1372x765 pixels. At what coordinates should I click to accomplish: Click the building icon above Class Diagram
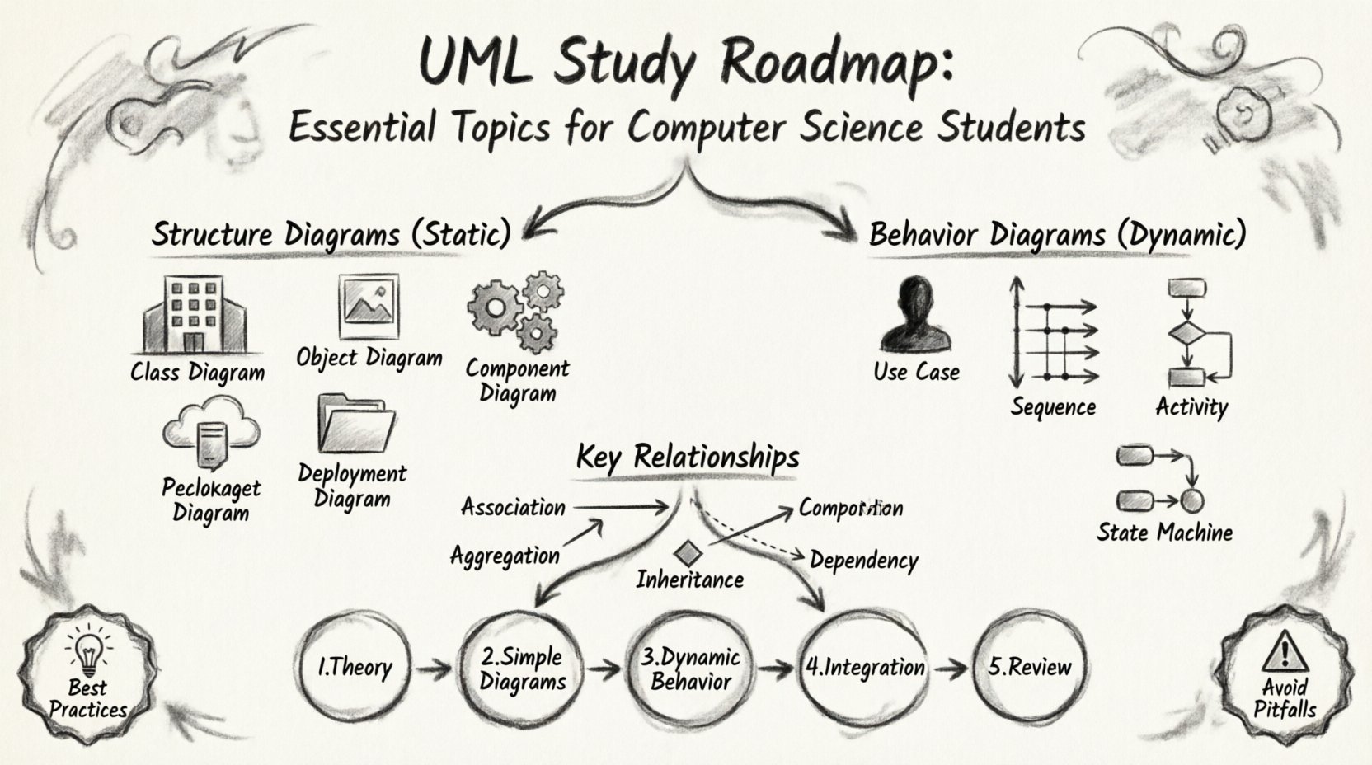pyautogui.click(x=195, y=316)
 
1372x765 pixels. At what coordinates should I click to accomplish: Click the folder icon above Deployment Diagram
pyautogui.click(x=355, y=425)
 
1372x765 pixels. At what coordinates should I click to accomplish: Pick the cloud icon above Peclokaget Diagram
pyautogui.click(x=211, y=430)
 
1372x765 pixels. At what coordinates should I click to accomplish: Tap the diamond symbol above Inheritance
pyautogui.click(x=686, y=554)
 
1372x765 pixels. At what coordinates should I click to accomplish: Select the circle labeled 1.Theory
pyautogui.click(x=355, y=667)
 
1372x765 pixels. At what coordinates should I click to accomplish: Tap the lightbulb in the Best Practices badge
pyautogui.click(x=87, y=650)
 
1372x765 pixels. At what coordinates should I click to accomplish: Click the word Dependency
pyautogui.click(x=863, y=561)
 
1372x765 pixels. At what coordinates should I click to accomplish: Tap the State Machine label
pyautogui.click(x=1163, y=533)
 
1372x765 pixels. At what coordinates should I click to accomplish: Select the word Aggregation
pyautogui.click(x=505, y=556)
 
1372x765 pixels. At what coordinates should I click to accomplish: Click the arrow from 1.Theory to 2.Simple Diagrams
pyautogui.click(x=432, y=669)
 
